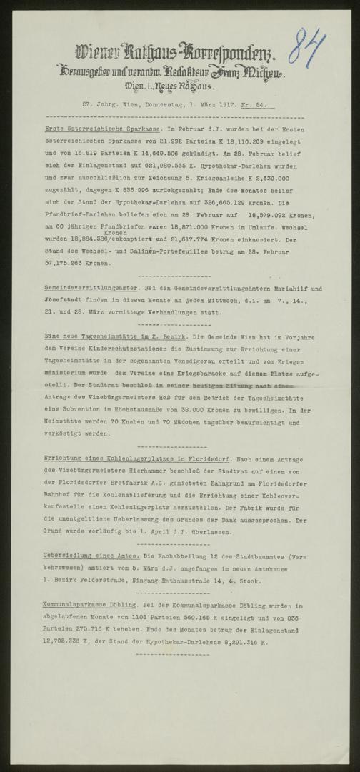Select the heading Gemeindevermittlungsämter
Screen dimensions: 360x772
pos(84,287)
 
